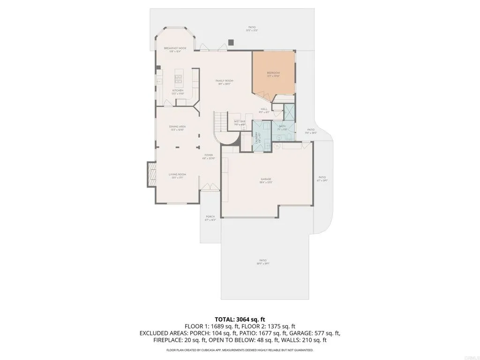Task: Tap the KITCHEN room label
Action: [178, 90]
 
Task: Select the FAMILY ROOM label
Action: [224, 81]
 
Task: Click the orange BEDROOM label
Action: [273, 73]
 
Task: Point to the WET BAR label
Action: [240, 121]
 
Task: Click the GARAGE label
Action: [266, 179]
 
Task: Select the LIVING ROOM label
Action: [178, 174]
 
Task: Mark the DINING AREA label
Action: [178, 127]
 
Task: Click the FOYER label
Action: [209, 155]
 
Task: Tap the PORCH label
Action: [210, 217]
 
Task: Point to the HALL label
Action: [264, 109]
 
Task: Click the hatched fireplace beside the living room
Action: [151, 174]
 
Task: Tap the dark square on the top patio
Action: [231, 42]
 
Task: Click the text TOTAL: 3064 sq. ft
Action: [240, 319]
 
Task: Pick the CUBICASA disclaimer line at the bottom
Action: [240, 350]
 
